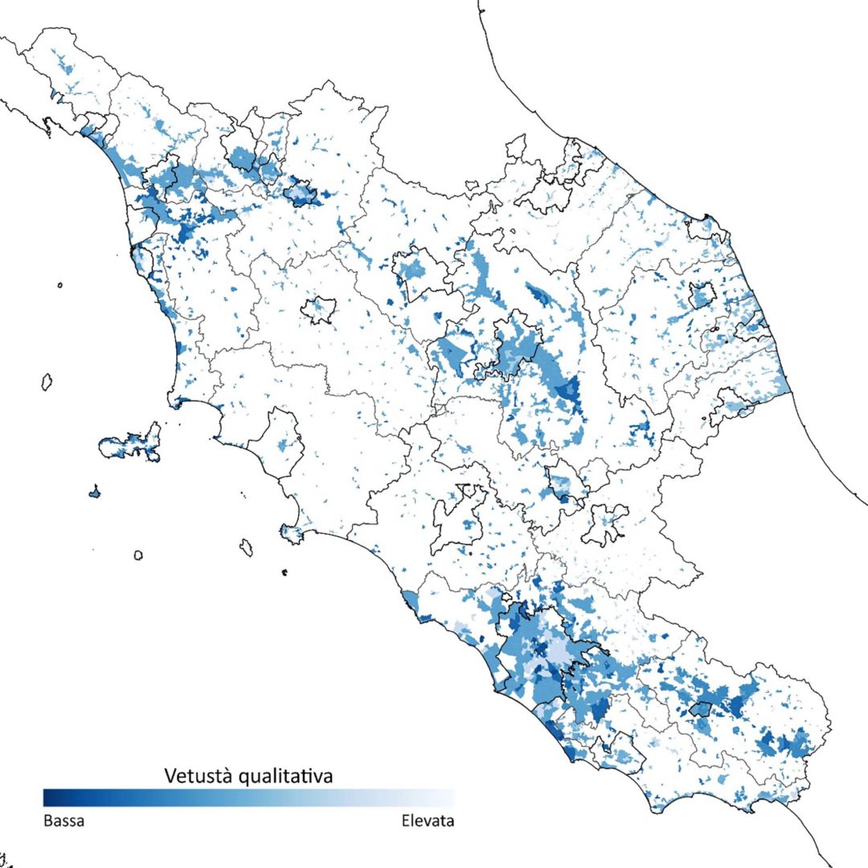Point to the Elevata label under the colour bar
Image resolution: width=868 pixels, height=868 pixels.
coord(428,821)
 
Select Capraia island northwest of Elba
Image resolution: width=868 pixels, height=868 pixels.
coord(47,381)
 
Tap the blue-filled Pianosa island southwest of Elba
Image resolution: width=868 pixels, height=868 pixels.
coord(95,491)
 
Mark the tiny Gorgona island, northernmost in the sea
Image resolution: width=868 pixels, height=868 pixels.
coord(60,284)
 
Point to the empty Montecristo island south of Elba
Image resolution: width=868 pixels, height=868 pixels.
coord(138,555)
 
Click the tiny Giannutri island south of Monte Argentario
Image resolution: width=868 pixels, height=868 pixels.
coord(285,572)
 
